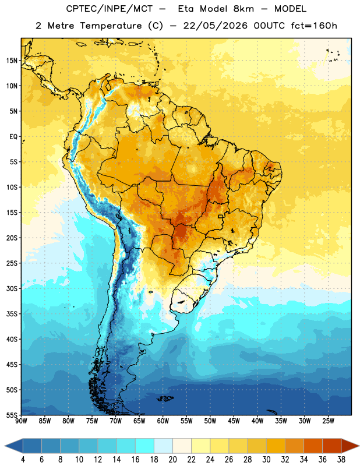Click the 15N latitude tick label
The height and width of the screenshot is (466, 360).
coord(12,61)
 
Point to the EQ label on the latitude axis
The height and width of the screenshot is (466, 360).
coord(13,137)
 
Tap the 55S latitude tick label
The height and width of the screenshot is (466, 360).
coord(12,415)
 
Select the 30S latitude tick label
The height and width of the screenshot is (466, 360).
coord(12,288)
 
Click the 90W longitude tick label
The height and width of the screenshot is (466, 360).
coord(21,421)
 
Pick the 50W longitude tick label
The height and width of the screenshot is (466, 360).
coord(210,421)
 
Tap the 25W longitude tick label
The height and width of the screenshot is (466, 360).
coord(328,421)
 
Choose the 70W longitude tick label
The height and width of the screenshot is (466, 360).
coord(116,421)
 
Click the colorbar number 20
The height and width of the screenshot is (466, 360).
coord(172,460)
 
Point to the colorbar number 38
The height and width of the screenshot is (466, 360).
coord(341,460)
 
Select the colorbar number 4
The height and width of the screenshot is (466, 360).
coord(23,460)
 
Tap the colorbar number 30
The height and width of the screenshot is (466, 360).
coord(266,460)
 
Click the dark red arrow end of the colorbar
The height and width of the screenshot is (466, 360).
coord(350,446)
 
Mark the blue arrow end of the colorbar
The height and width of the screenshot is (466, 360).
coord(14,446)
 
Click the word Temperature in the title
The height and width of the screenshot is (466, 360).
coord(111,26)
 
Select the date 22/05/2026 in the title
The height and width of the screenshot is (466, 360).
coord(216,26)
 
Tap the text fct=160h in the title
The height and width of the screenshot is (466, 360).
coord(314,26)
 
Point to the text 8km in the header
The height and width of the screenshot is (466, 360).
coord(243,9)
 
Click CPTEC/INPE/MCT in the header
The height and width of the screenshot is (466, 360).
coord(110,9)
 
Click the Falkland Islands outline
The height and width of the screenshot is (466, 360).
coord(165,398)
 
